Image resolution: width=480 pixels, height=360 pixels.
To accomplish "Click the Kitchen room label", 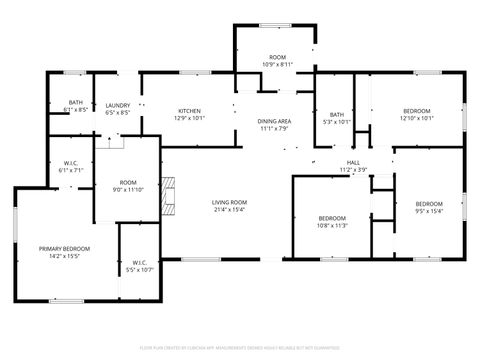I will [x=190, y=110].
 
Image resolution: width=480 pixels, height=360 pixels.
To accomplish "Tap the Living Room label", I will [x=229, y=202].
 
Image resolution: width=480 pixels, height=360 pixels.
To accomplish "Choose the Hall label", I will [x=353, y=162].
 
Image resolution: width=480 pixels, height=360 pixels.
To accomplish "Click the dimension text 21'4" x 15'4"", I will [x=229, y=210].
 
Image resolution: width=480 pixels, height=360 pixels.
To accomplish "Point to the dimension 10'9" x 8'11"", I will [x=278, y=65].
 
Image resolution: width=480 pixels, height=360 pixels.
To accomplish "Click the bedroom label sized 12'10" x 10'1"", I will [x=416, y=110].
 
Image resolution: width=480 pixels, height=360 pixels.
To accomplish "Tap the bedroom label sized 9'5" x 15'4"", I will [x=429, y=204].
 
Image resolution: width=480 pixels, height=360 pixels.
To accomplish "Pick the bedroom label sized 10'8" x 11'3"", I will [x=332, y=218].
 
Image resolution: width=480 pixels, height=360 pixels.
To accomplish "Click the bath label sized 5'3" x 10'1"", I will [x=337, y=114].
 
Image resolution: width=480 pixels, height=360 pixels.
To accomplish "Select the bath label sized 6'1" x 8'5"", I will [x=75, y=102].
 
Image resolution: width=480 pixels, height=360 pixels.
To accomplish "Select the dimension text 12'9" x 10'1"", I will [x=190, y=118].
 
